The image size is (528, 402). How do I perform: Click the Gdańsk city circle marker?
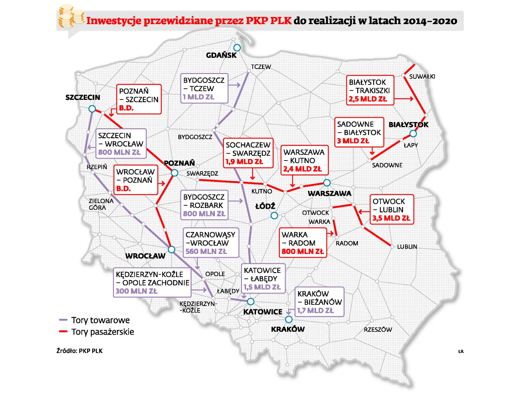(237, 48)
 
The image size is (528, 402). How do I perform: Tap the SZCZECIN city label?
(83, 98)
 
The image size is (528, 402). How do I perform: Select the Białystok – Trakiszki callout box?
(370, 90)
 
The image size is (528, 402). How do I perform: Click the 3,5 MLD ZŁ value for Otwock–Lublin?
(391, 218)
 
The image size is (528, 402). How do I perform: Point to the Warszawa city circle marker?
(327, 183)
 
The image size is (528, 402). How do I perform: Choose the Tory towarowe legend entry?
(95, 320)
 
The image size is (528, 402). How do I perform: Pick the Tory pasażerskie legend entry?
(97, 332)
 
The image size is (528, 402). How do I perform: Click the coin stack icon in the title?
(70, 17)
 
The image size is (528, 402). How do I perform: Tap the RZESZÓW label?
(378, 330)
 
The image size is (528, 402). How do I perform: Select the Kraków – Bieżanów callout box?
(319, 302)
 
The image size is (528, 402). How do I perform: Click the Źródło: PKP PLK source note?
(80, 351)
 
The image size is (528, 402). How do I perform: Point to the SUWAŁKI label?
(422, 76)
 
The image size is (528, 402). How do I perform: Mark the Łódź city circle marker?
(274, 216)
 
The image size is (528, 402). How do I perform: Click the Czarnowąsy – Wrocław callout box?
(211, 243)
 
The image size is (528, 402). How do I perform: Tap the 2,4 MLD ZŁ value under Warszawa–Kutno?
(302, 169)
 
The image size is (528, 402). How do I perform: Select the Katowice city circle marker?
(251, 302)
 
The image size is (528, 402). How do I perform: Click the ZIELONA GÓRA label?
(101, 204)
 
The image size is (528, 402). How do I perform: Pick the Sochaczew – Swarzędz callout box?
(248, 153)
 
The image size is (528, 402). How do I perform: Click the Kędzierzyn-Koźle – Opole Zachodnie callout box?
(152, 283)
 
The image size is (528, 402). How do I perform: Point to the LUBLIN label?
(407, 247)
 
